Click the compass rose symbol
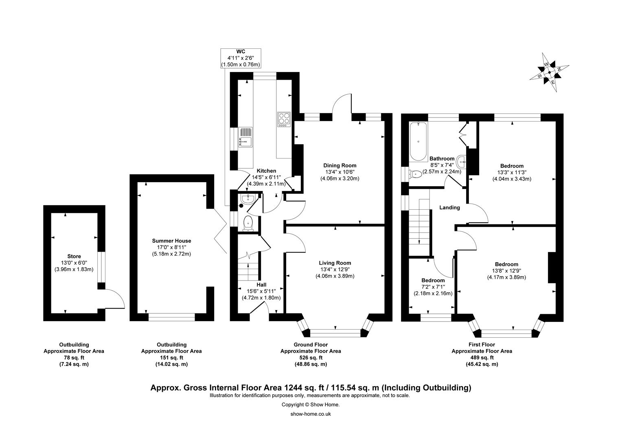click(550, 72)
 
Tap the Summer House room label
click(171, 241)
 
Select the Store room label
click(74, 256)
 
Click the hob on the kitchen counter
click(284, 119)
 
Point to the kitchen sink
click(245, 137)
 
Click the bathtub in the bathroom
click(418, 141)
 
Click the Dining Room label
click(339, 165)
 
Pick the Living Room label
click(335, 263)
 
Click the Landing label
click(449, 207)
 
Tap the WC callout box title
click(241, 52)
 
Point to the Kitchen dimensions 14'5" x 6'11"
click(266, 177)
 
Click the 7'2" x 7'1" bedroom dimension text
click(433, 287)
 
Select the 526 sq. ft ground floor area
click(311, 357)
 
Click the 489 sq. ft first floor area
click(482, 357)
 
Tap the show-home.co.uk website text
click(311, 414)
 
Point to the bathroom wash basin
click(461, 161)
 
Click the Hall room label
click(261, 285)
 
